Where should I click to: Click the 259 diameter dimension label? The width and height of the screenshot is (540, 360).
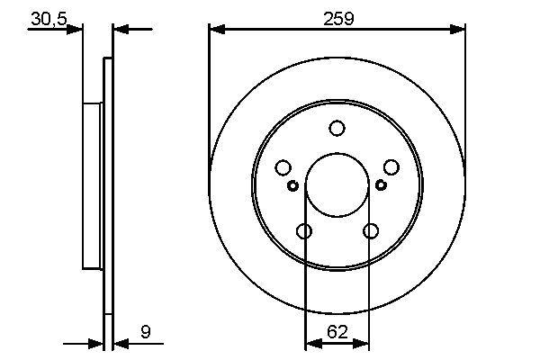tap(338, 18)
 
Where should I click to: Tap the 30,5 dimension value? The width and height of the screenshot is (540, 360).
tap(49, 19)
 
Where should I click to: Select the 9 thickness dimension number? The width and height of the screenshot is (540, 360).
tap(146, 331)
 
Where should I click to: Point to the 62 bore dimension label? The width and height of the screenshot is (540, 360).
tap(337, 331)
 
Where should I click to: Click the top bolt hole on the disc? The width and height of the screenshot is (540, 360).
tap(337, 128)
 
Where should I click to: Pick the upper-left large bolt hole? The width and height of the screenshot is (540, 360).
tap(283, 167)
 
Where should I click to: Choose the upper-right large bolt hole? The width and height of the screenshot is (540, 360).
tap(391, 167)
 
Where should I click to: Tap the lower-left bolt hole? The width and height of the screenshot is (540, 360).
tap(304, 230)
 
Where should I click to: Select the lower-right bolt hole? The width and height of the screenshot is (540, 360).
tap(371, 230)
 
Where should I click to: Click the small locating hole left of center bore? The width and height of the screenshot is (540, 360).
tap(292, 185)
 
